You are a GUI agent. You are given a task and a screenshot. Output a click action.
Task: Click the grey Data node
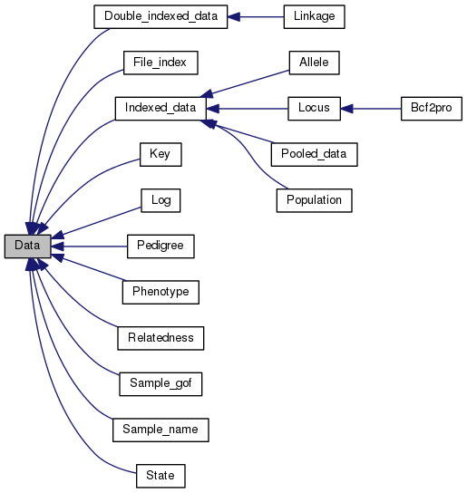tap(26, 246)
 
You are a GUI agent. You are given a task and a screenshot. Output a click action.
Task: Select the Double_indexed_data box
tap(160, 17)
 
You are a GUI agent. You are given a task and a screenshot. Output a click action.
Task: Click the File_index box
tap(160, 63)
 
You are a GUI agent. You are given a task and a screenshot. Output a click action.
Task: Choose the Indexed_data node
tap(160, 109)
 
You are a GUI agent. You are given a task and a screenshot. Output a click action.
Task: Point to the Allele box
tap(313, 63)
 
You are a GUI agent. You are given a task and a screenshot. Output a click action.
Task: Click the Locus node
tap(313, 109)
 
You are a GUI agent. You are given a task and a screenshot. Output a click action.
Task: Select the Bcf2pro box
tap(432, 109)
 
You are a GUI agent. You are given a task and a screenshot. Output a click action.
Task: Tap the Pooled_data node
tap(313, 154)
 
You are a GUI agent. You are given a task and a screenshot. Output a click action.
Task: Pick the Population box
tap(313, 199)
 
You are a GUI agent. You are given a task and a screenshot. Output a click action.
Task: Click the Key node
tap(160, 154)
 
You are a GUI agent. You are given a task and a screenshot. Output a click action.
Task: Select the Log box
tap(160, 199)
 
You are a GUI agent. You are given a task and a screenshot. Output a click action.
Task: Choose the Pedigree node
tap(160, 246)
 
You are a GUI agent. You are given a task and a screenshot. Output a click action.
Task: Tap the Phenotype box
tap(160, 291)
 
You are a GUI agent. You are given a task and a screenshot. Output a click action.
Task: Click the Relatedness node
tap(160, 337)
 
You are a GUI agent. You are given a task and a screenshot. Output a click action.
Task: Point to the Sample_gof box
tap(160, 382)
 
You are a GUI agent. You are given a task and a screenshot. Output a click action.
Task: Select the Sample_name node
tap(160, 428)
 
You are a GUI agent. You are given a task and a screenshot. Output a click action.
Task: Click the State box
tap(160, 474)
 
